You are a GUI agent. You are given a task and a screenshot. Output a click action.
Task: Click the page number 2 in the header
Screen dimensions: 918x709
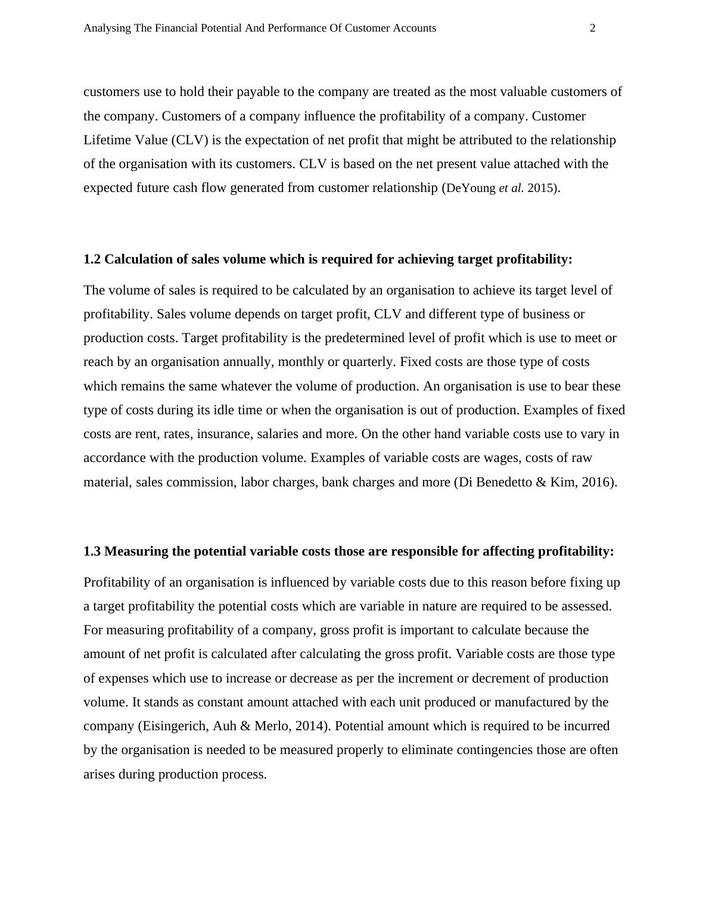(x=592, y=28)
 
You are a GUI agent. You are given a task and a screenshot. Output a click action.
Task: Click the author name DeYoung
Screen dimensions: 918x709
(x=471, y=188)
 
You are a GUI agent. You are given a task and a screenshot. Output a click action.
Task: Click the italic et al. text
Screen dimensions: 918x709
(x=511, y=188)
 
